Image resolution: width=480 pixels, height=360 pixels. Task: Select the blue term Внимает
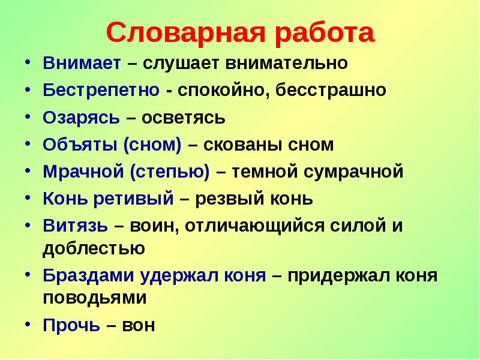click(82, 62)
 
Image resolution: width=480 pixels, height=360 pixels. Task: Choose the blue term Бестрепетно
click(101, 90)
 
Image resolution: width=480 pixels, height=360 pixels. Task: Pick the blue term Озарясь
click(81, 117)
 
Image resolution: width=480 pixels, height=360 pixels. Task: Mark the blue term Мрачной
click(83, 172)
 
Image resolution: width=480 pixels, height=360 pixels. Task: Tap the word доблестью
click(94, 247)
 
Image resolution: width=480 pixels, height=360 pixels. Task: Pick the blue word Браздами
click(89, 276)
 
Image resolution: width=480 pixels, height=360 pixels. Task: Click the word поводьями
click(95, 297)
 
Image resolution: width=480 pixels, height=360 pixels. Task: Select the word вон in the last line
click(139, 325)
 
